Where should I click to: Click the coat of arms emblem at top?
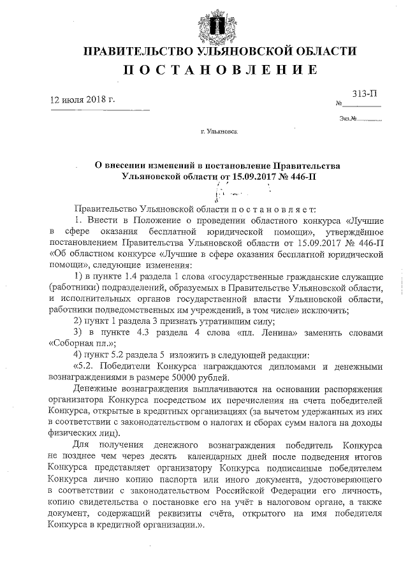pos(205,24)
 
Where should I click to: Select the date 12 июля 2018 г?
pos(83,100)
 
